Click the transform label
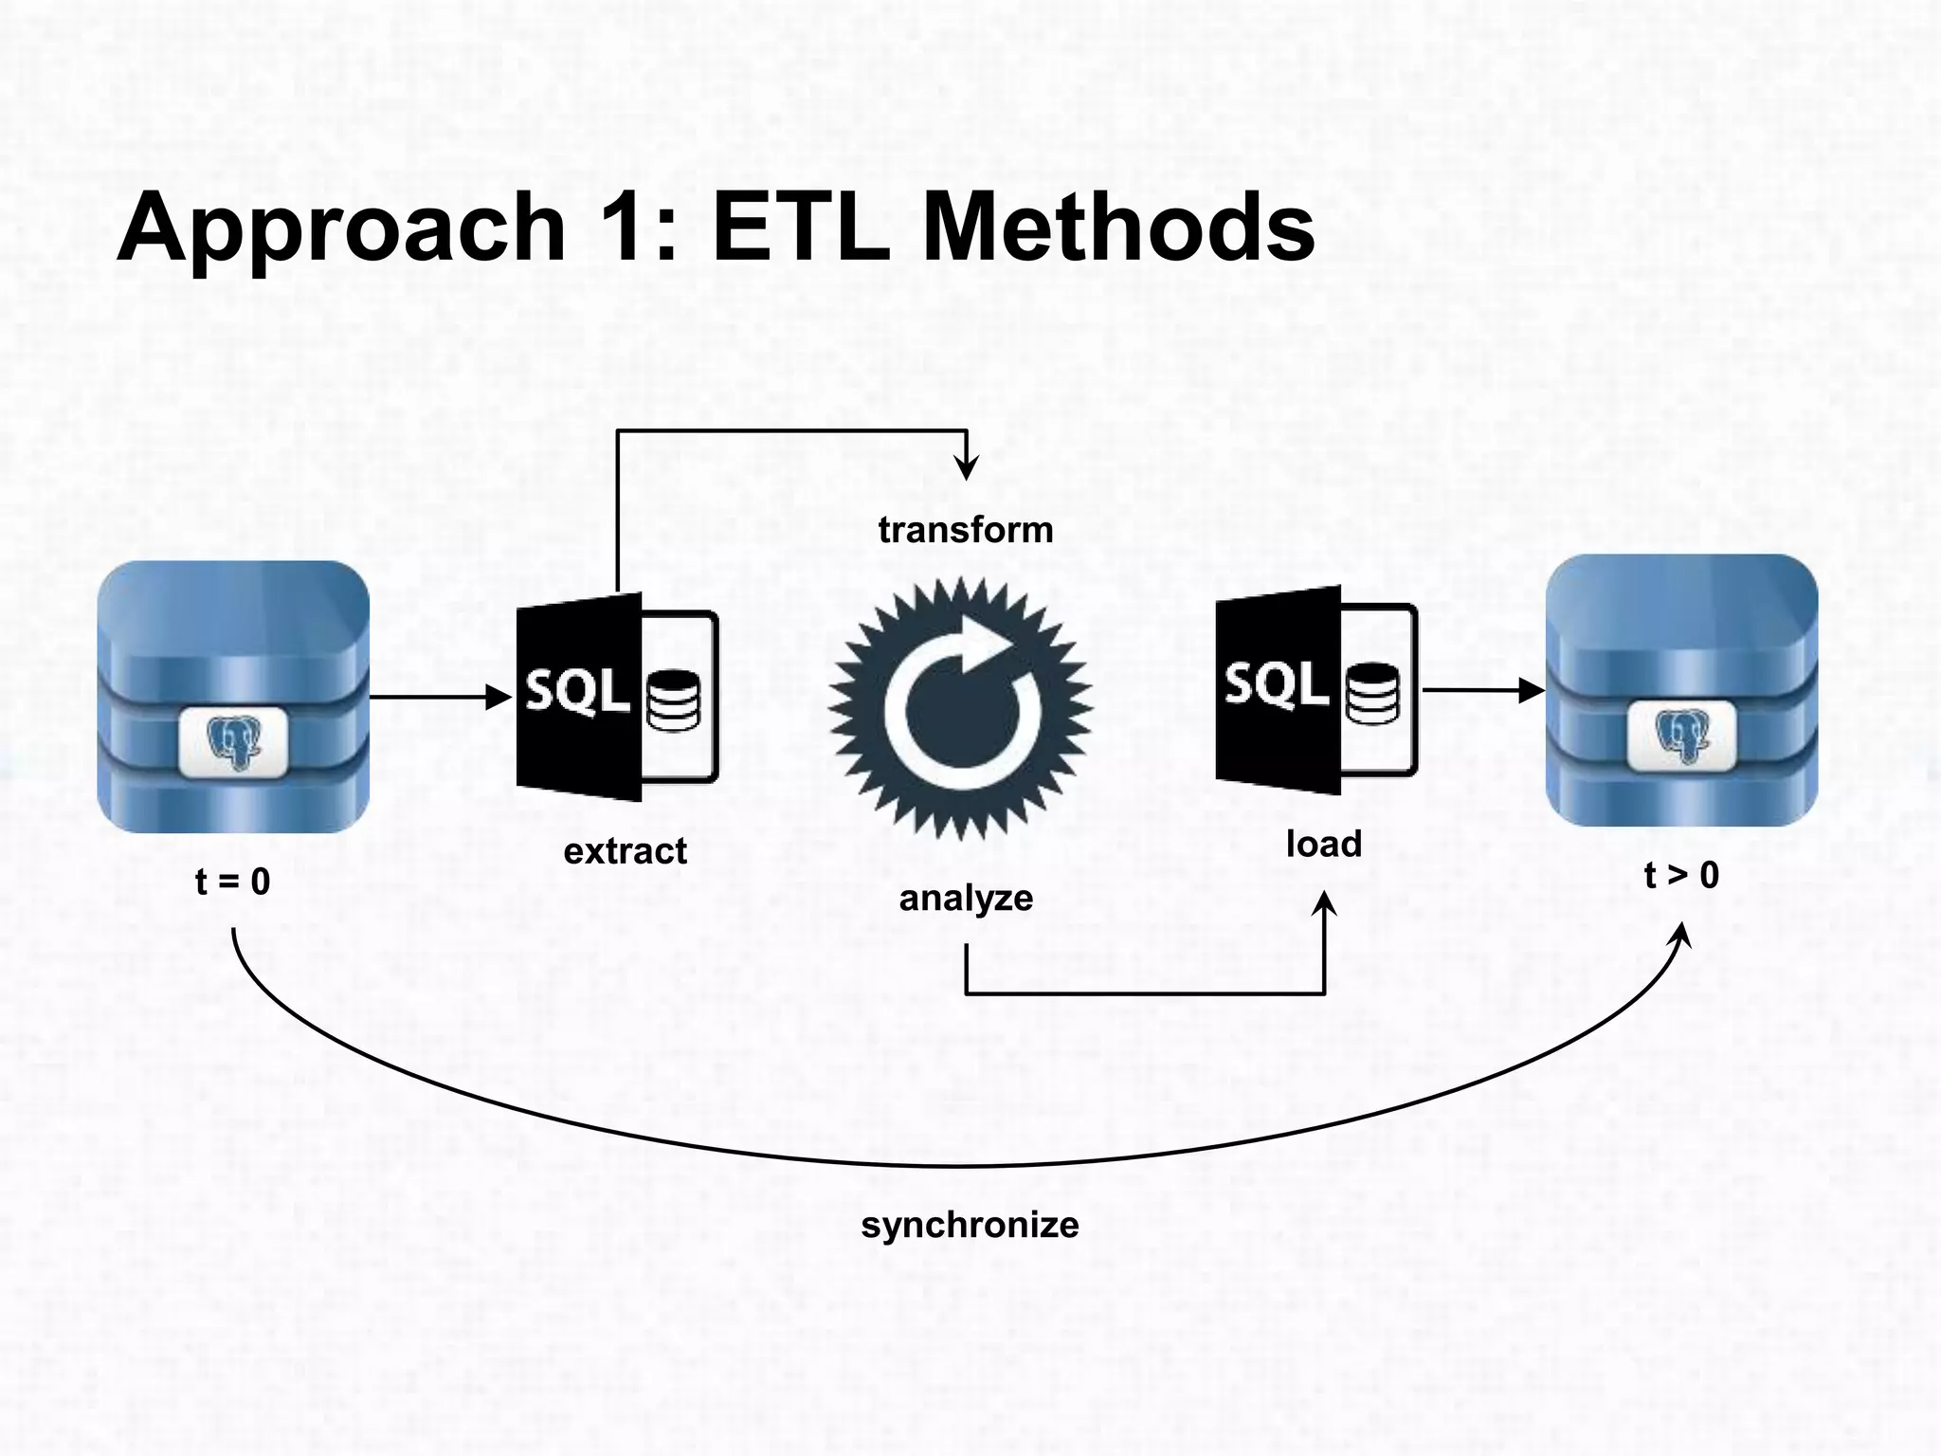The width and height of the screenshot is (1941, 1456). point(966,530)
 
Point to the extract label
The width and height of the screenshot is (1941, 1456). point(625,851)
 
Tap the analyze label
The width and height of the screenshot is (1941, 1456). point(966,898)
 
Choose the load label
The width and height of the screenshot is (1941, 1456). point(1323,844)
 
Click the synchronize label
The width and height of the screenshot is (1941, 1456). point(970,1225)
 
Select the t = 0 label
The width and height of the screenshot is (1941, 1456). point(232,882)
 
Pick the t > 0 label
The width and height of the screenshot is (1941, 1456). point(1680,875)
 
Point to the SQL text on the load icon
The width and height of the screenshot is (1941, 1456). point(1276,683)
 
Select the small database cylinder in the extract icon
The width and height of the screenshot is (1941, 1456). point(673,701)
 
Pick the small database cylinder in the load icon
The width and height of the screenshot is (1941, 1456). point(1371,694)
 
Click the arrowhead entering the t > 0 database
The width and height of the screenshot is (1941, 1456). point(1531,691)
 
